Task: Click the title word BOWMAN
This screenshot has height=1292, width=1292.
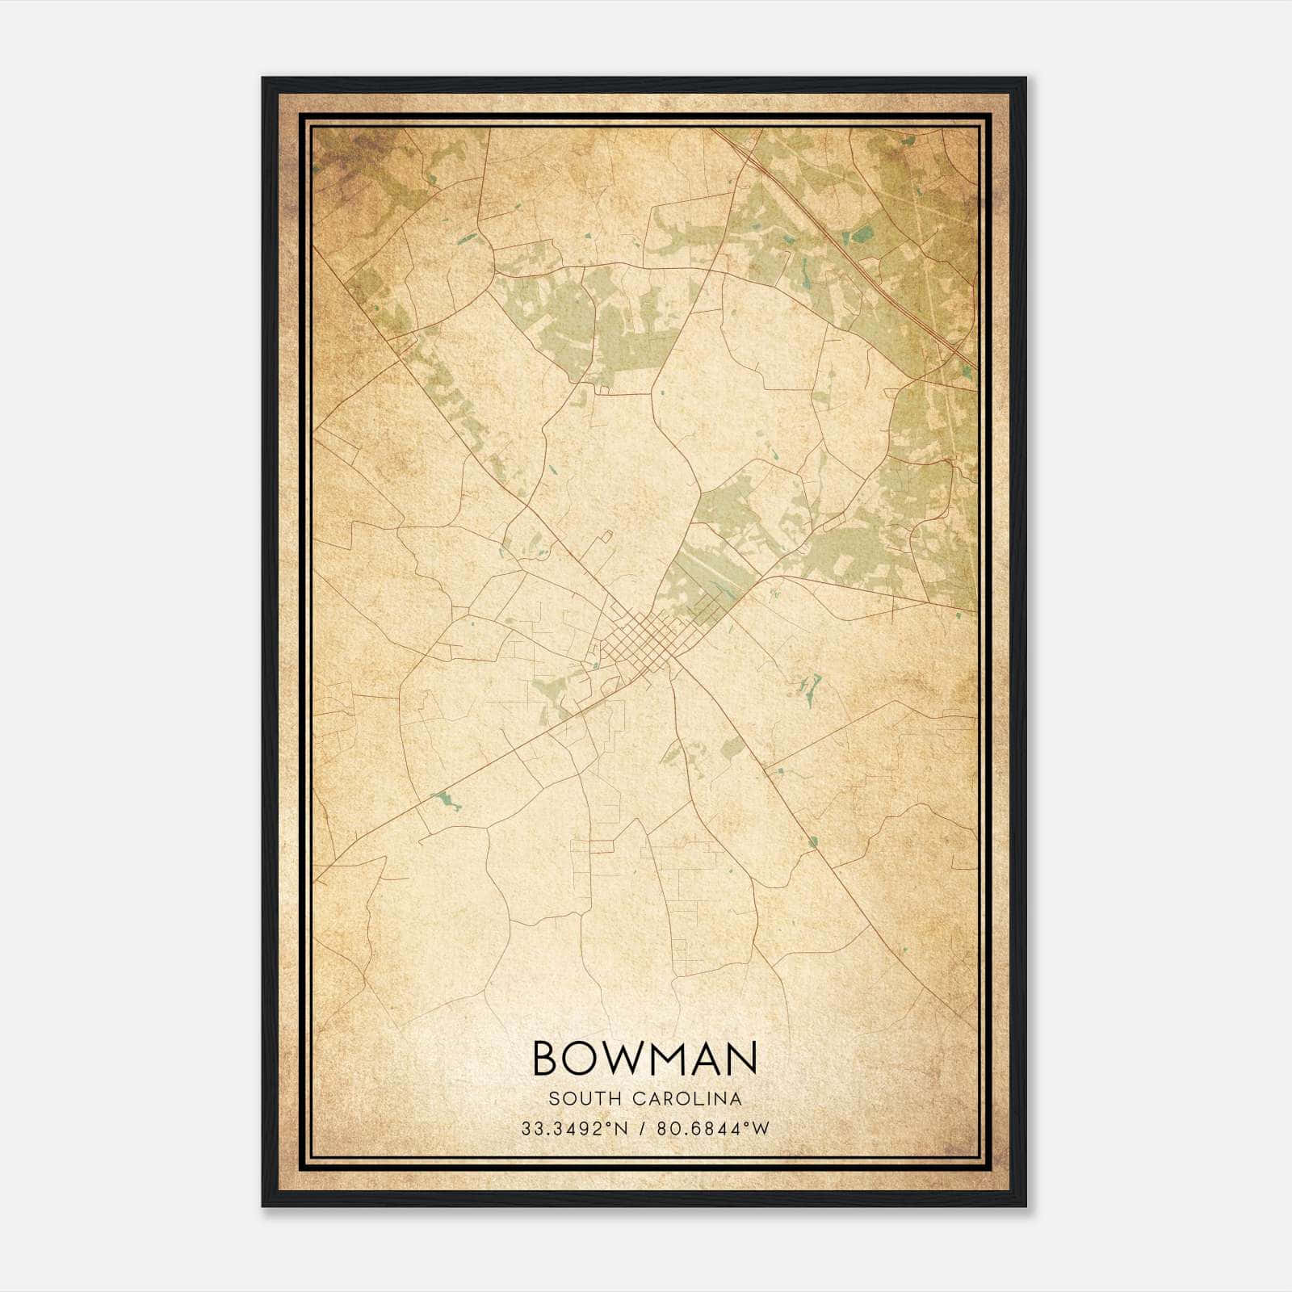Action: (645, 1058)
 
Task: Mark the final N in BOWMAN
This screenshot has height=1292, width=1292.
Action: (742, 1058)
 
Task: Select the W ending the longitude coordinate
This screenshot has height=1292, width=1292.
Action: (761, 1129)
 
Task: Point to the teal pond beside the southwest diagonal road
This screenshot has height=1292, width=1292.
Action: (445, 802)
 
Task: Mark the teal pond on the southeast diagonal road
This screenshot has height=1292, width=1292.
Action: (812, 842)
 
